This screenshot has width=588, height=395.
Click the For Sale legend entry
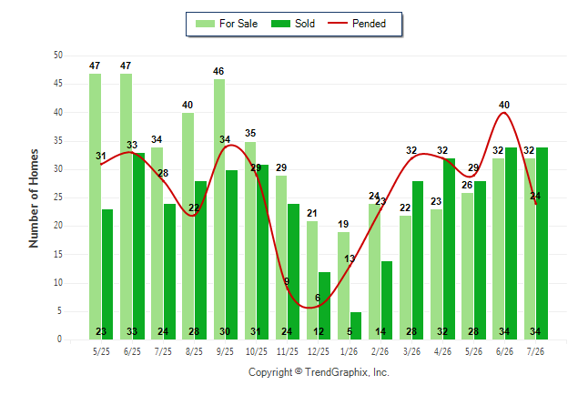227,24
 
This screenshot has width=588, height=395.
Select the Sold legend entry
293,24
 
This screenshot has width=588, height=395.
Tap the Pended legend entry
357,24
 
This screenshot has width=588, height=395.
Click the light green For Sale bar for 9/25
219,209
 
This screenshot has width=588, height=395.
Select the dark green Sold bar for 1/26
356,326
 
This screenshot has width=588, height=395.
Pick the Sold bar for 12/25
325,306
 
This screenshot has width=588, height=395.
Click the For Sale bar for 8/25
188,227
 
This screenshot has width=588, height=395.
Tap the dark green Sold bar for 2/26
387,300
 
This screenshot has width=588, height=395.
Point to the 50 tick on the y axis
58,56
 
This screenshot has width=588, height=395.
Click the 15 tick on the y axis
58,254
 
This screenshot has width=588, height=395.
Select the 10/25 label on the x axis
257,351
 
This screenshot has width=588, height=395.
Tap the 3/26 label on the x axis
411,351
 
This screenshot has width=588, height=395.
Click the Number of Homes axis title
34,198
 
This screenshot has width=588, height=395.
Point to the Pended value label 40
504,105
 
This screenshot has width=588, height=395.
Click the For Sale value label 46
218,71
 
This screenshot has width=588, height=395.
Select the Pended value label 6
318,298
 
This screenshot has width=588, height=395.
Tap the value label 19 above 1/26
343,224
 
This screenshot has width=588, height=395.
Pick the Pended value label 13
350,258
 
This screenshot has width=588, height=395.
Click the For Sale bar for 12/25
312,280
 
